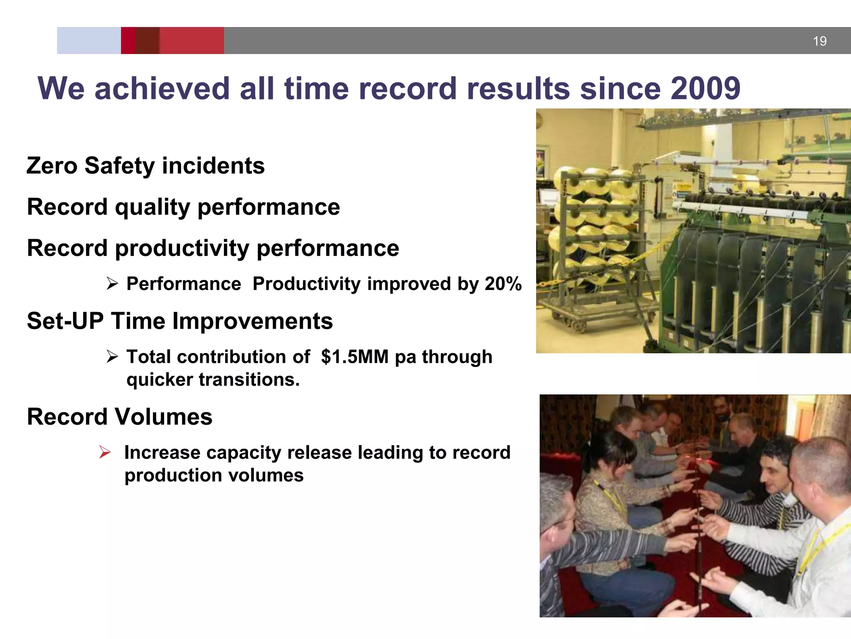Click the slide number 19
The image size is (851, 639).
tap(819, 41)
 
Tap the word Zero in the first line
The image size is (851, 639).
tap(52, 166)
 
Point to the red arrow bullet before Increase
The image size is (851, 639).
tap(105, 452)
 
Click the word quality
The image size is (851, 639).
tap(152, 208)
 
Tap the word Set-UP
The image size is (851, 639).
tap(65, 321)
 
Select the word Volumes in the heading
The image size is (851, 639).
tap(163, 417)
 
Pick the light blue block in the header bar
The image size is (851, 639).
tap(89, 41)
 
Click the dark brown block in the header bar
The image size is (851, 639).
tap(147, 41)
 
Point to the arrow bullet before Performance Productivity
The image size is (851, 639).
tap(112, 284)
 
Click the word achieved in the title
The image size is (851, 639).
tap(162, 89)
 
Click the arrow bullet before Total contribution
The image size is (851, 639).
tap(112, 357)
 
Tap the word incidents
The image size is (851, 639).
tap(213, 166)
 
